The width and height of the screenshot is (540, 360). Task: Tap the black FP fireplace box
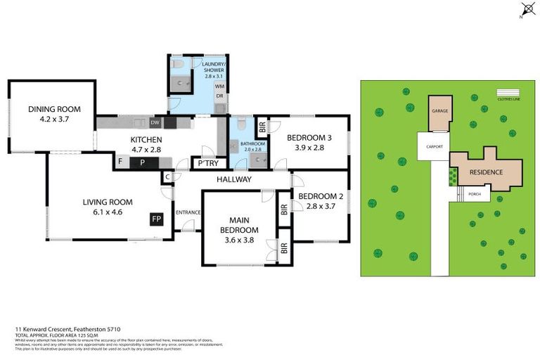(x=156, y=219)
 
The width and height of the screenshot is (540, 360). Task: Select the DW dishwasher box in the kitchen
(x=155, y=123)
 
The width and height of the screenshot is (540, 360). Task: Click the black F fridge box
(x=120, y=162)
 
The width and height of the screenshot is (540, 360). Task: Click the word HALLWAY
(x=233, y=179)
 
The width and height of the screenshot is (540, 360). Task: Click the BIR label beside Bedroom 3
(x=262, y=127)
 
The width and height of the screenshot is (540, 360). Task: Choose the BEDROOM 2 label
(x=321, y=196)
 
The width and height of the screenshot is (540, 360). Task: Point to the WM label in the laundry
(x=219, y=86)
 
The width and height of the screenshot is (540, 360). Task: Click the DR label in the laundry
(x=219, y=96)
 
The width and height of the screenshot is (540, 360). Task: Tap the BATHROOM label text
(x=251, y=143)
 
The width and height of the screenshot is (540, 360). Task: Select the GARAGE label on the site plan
(x=439, y=110)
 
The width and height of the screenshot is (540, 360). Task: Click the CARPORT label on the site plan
(x=432, y=146)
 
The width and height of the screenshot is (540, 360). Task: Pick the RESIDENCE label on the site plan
(x=486, y=171)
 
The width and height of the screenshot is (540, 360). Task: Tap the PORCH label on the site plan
(x=475, y=195)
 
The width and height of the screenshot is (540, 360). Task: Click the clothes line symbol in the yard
(x=507, y=92)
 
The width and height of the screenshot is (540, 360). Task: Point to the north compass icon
(x=527, y=10)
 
